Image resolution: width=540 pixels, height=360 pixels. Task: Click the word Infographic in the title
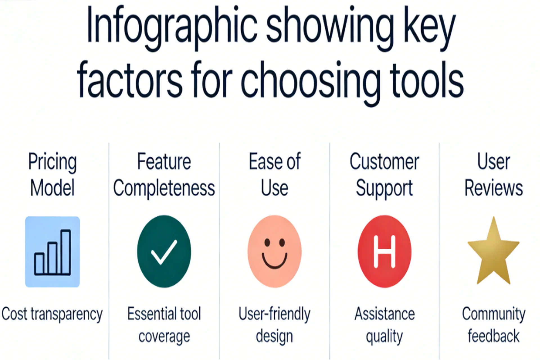(172, 28)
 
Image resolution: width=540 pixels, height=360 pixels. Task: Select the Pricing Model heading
(52, 174)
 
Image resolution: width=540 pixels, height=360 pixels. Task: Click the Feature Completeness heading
(164, 174)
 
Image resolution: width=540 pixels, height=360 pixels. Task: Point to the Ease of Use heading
(275, 174)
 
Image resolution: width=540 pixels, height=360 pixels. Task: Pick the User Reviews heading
(494, 174)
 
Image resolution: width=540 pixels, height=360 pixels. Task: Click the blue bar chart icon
(52, 252)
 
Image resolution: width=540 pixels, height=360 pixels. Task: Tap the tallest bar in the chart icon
(66, 252)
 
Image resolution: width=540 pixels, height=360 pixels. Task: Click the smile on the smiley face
(274, 261)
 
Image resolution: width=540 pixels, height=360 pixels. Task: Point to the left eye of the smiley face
(267, 242)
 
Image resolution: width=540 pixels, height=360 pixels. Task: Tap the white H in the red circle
(384, 251)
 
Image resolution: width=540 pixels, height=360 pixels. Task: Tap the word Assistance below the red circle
(384, 314)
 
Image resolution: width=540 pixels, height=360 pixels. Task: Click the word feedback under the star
(494, 336)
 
